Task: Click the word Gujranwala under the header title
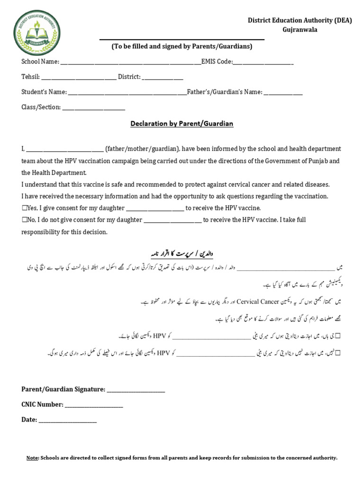(300, 29)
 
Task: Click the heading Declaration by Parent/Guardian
(182, 124)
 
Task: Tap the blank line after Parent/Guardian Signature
(136, 390)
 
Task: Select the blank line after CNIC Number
(94, 405)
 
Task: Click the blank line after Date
(68, 420)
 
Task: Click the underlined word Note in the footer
(32, 458)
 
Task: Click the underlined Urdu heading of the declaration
(182, 253)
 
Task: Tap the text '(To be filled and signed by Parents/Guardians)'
(182, 46)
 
